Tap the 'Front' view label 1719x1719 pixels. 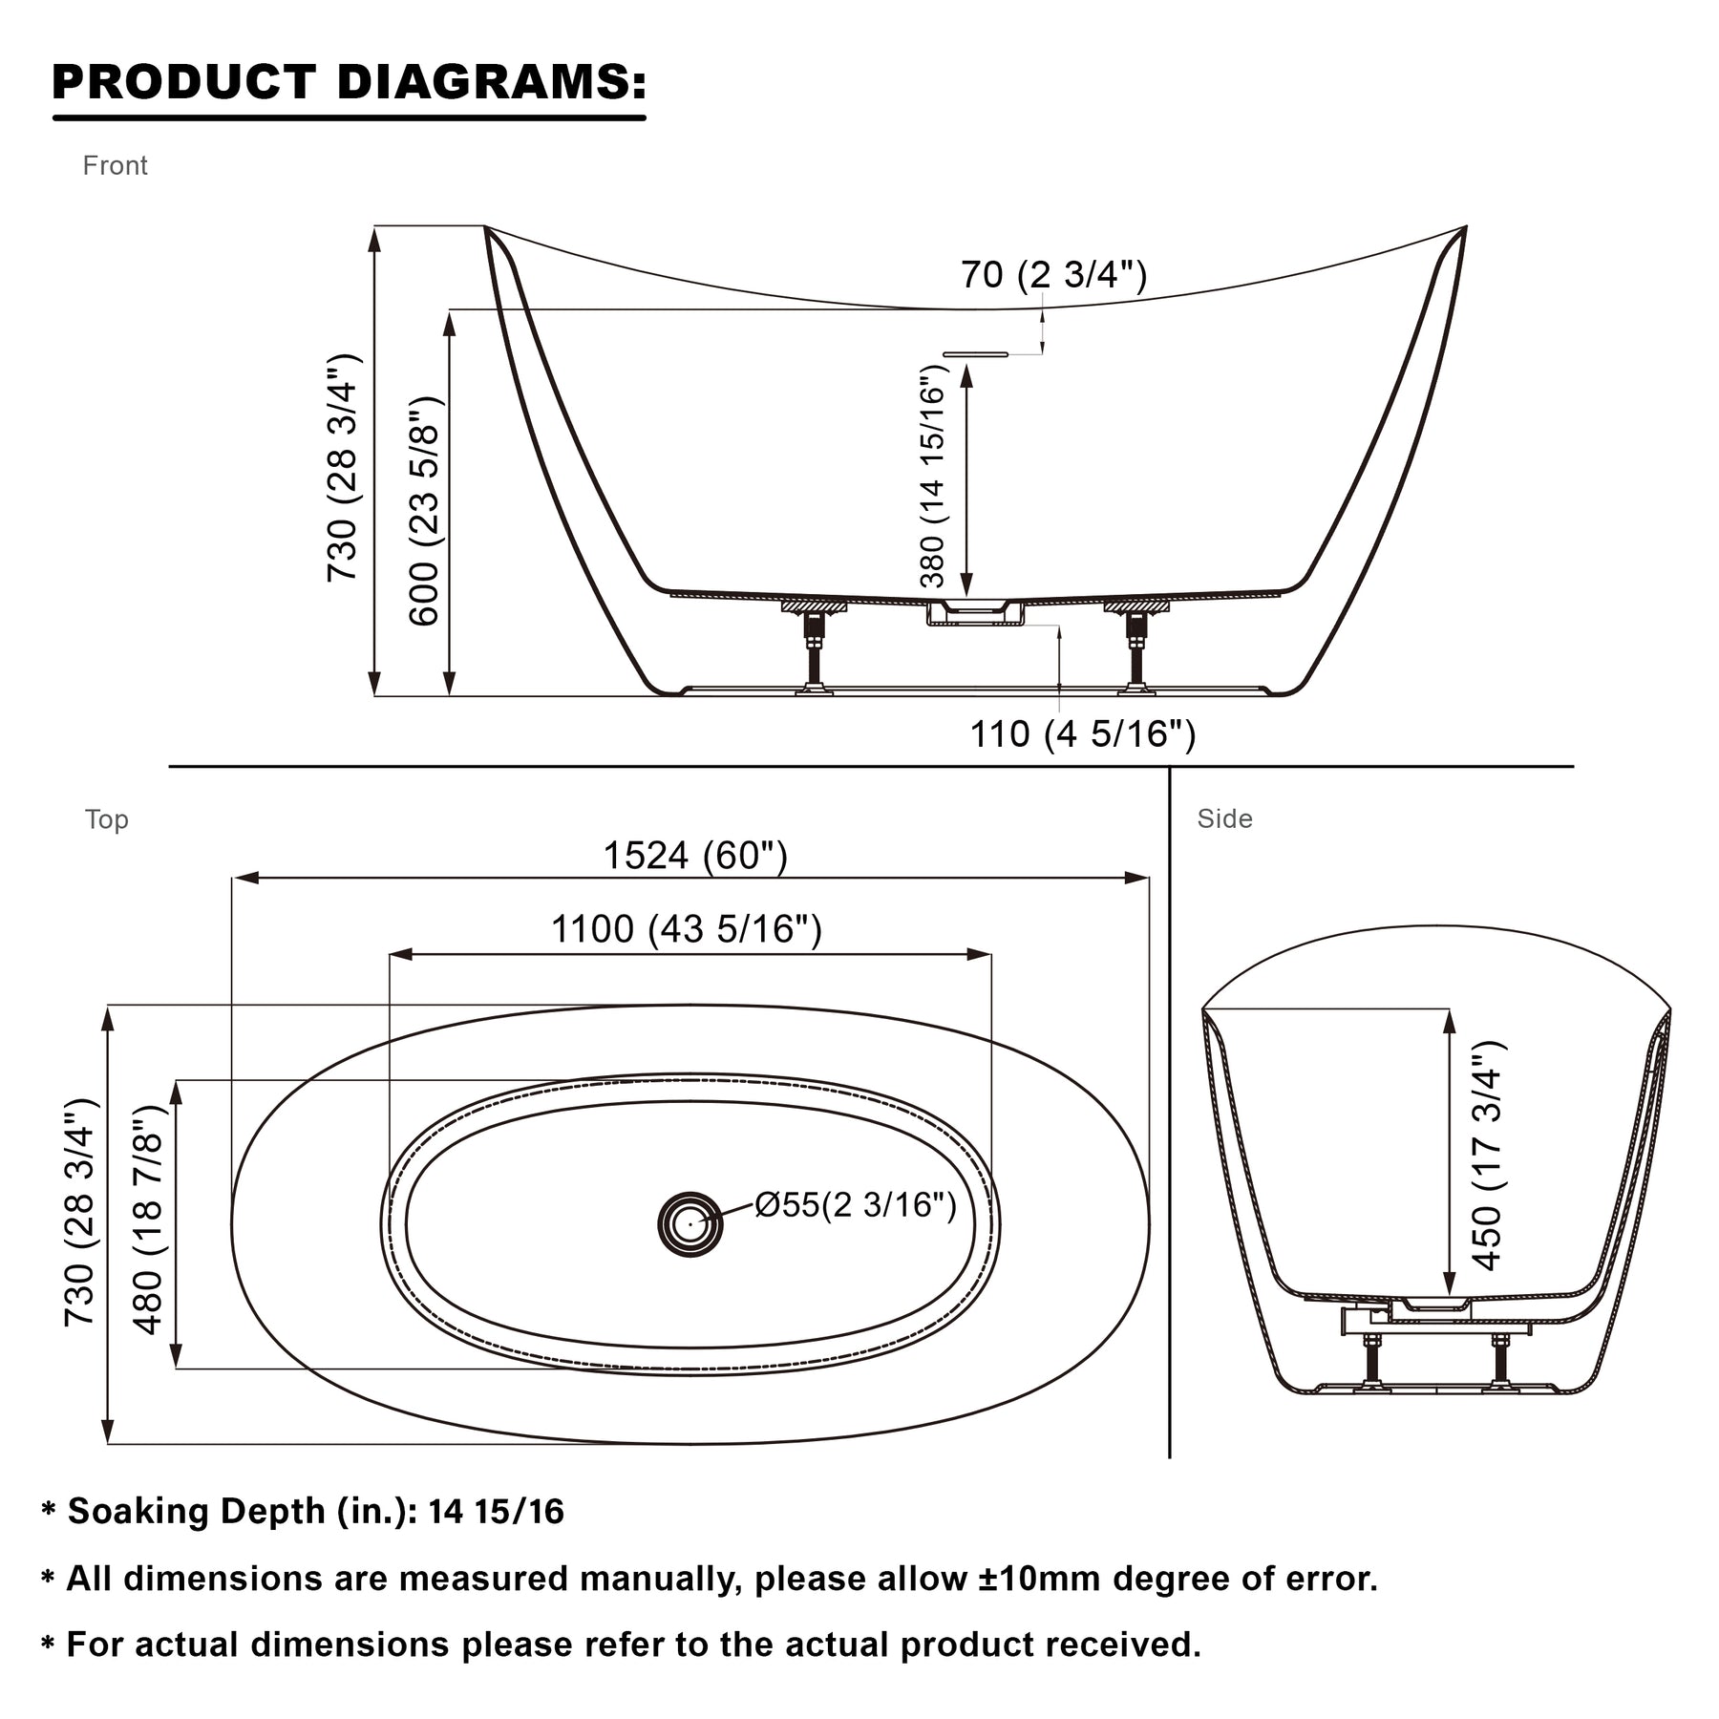coord(116,166)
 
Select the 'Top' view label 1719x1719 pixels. coord(106,819)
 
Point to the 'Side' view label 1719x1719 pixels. coord(1225,818)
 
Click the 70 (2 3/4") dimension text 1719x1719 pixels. coord(1053,275)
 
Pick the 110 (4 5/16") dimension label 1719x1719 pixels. coord(1083,734)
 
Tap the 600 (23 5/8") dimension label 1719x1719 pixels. coord(423,511)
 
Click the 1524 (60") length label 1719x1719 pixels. coord(695,856)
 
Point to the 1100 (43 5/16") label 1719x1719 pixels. coord(687,928)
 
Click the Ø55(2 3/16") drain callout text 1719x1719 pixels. coord(856,1205)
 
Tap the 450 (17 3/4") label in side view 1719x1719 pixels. coord(1487,1156)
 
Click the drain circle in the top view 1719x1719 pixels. coord(690,1223)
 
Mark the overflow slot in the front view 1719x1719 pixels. coord(975,354)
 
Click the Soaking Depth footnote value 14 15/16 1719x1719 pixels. coord(497,1512)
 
